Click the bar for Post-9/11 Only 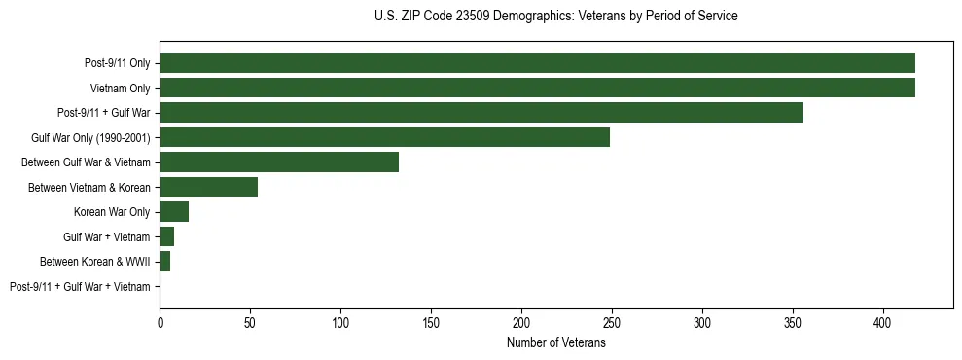[537, 63]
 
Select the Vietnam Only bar [537, 88]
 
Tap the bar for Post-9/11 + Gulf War [481, 113]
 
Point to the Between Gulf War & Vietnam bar [279, 162]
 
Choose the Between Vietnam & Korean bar [208, 187]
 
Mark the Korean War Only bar [174, 212]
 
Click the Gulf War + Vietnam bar [166, 236]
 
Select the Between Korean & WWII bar [164, 262]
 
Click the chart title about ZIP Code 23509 [555, 17]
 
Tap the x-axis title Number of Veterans [555, 342]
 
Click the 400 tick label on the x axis [883, 321]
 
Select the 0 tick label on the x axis [160, 321]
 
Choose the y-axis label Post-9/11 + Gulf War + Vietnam [80, 287]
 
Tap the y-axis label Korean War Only [112, 212]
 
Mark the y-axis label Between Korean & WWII [95, 262]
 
